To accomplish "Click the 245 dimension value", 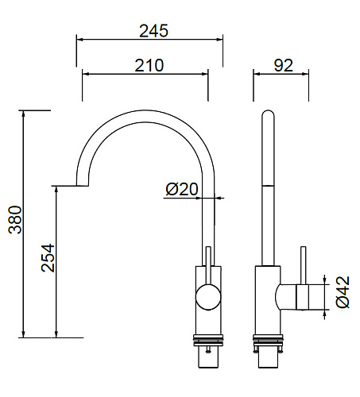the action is [153, 31].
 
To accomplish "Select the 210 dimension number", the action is [149, 65].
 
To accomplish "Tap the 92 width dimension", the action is [284, 65].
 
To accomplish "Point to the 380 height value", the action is [15, 219].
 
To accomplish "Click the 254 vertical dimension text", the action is [48, 258].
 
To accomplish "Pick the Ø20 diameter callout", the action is [182, 189].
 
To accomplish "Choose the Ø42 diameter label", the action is [343, 292].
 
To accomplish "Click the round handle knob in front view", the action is [208, 297].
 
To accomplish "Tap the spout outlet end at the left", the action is [82, 185].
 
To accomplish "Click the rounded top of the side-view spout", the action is [268, 114].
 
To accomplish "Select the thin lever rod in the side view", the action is [304, 266].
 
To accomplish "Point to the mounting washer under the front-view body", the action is [208, 340].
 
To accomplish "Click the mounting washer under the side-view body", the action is [268, 340].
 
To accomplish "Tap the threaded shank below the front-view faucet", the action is [208, 357].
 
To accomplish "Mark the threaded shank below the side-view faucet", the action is [268, 357].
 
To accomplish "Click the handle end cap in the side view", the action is [303, 297].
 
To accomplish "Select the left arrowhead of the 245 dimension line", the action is [80, 40].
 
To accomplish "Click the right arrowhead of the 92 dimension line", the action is [305, 74].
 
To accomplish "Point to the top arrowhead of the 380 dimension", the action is [24, 114].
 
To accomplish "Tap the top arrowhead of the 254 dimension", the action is [56, 190].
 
